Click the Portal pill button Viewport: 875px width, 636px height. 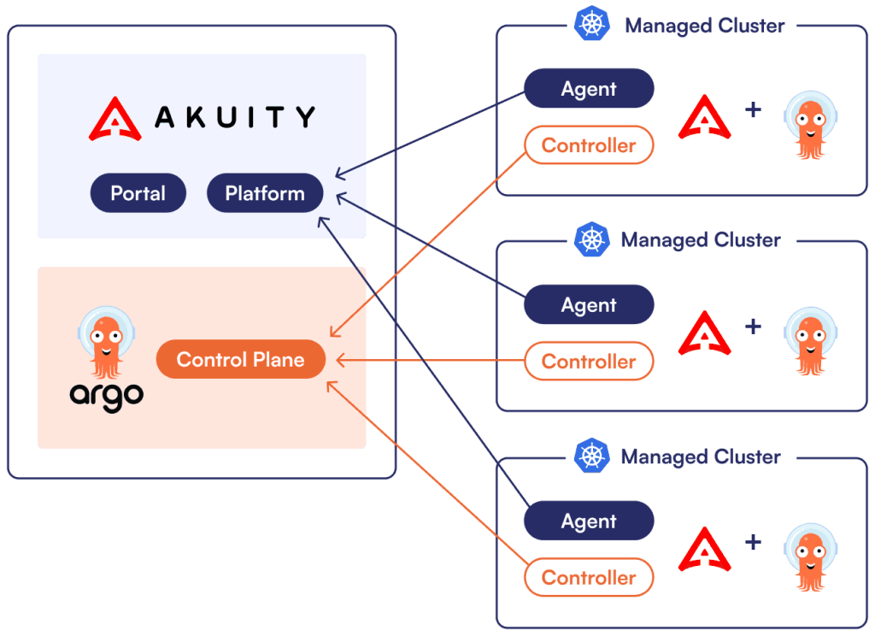click(138, 193)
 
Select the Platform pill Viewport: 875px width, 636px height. click(265, 193)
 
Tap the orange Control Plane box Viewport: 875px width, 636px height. click(240, 359)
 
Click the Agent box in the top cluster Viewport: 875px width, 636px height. click(589, 88)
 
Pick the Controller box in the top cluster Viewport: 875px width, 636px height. click(589, 145)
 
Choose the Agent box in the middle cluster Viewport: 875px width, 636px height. click(589, 304)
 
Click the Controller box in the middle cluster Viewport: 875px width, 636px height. click(589, 362)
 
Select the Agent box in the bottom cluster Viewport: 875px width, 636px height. click(589, 521)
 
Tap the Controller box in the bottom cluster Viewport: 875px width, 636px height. click(589, 577)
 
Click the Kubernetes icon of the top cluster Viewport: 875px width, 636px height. click(592, 23)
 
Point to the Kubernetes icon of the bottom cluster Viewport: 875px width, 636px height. click(592, 456)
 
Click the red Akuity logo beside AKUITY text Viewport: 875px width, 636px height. click(115, 119)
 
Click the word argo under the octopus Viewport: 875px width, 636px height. click(107, 397)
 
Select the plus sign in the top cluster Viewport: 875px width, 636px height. click(753, 109)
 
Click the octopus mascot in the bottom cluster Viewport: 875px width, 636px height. click(810, 557)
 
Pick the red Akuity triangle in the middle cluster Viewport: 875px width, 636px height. click(704, 333)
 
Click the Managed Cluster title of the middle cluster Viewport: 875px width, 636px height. click(701, 240)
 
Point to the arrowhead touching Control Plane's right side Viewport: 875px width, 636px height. click(340, 361)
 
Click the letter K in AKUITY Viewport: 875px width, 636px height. click(196, 117)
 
